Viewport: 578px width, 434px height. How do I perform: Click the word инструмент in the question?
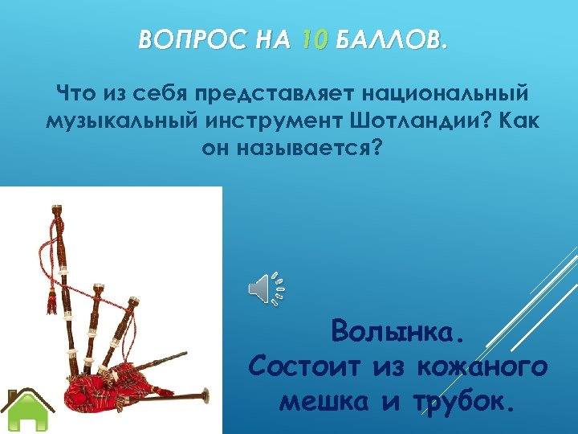point(285,122)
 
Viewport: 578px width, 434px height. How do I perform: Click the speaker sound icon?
point(267,289)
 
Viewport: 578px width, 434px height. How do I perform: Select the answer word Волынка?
point(397,330)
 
